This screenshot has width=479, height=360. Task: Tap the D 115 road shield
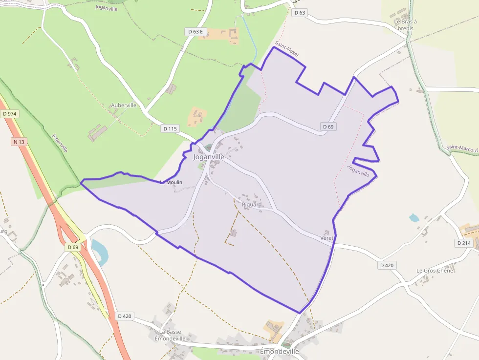170,128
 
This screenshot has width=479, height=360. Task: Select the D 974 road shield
9,114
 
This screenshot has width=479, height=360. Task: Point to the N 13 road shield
19,142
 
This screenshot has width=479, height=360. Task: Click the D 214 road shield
464,243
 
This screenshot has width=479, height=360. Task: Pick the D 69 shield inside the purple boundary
328,127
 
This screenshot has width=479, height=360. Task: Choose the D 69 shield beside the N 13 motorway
73,247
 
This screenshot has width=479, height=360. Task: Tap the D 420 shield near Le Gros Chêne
387,265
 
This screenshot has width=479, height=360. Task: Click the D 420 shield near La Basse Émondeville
125,316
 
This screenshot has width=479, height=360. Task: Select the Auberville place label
124,105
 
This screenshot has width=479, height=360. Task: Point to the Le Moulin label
171,182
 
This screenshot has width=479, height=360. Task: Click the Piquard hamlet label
251,205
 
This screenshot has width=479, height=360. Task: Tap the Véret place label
327,238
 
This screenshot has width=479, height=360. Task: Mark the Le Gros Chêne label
435,271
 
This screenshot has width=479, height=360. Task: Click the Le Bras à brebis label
405,25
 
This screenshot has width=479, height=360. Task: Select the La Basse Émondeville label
170,335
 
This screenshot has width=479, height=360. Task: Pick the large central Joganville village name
209,157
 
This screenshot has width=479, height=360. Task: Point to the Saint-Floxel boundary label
287,48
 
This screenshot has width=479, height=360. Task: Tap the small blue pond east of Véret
414,218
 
